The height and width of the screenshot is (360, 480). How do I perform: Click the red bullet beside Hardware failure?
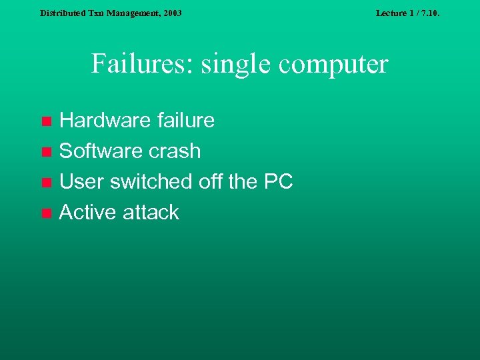point(46,121)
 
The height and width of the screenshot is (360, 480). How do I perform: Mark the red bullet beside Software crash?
point(46,152)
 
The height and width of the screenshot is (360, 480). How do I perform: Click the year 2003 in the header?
point(171,13)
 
